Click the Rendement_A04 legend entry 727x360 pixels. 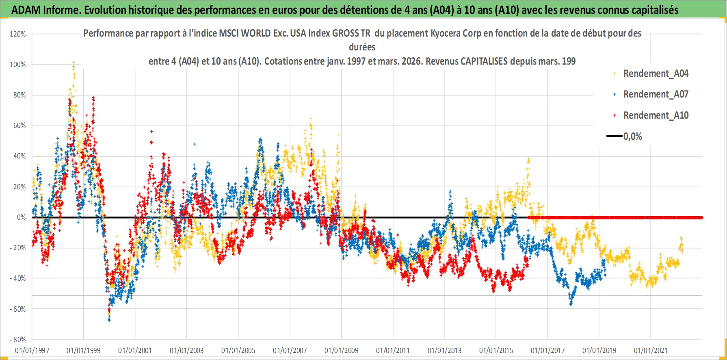(656, 74)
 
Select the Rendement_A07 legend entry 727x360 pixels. (656, 94)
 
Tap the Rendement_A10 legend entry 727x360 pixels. (656, 115)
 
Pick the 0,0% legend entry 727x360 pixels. (632, 137)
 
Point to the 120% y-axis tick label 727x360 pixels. (18, 34)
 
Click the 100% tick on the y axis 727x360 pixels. (18, 65)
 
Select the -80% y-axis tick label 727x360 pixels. (18, 340)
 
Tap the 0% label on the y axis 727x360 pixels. (21, 217)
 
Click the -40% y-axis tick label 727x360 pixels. (18, 278)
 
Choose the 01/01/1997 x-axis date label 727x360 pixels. (32, 350)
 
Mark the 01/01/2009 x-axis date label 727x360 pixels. (342, 350)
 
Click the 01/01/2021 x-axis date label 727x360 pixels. (651, 350)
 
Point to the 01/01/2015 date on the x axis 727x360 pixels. (496, 350)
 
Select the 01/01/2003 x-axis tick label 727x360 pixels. (187, 350)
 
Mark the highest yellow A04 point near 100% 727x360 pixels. (74, 62)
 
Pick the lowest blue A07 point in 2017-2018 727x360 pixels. (571, 304)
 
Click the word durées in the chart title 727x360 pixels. (362, 47)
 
